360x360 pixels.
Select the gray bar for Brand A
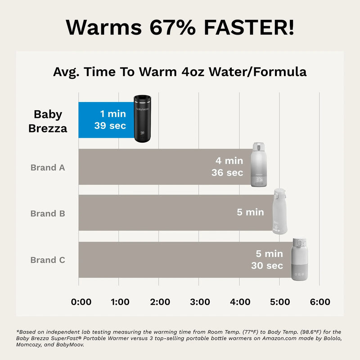[x=144, y=167]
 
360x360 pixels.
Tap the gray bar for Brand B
[x=153, y=213]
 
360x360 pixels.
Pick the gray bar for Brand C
[x=162, y=260]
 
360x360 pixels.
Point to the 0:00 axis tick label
[x=81, y=302]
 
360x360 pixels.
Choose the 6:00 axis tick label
[x=320, y=302]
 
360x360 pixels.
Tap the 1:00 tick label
[x=120, y=302]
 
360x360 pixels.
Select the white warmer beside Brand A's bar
[x=259, y=164]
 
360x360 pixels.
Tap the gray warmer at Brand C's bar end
[x=299, y=260]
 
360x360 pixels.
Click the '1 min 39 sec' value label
[x=110, y=120]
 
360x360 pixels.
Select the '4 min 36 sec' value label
[x=227, y=166]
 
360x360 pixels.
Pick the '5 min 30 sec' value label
[x=267, y=260]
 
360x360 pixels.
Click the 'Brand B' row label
[x=48, y=213]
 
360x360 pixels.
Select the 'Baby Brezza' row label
[x=48, y=121]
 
